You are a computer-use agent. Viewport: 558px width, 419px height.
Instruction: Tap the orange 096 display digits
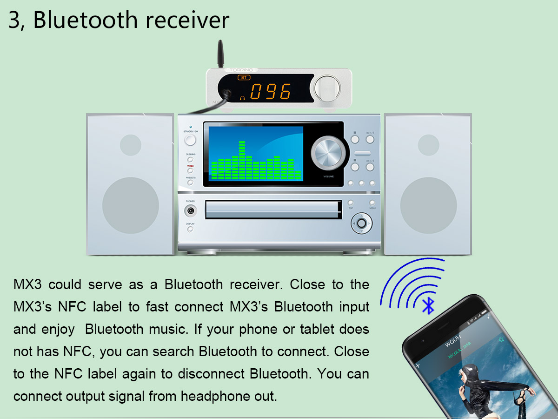coord(271,91)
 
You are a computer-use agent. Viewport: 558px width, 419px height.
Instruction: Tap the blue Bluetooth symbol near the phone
coord(428,305)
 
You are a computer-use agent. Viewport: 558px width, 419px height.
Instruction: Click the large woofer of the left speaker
coord(130,205)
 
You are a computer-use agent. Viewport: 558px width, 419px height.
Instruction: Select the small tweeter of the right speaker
coord(428,145)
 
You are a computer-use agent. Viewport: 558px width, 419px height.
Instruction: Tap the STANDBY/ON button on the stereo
coord(190,140)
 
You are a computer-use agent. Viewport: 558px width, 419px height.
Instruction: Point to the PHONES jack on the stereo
coord(190,211)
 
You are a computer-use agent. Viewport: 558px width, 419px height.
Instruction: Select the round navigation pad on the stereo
coord(361,223)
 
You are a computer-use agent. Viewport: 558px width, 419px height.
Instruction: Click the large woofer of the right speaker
coord(428,205)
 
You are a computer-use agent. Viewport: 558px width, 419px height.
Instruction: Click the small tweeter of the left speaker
coord(130,145)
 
